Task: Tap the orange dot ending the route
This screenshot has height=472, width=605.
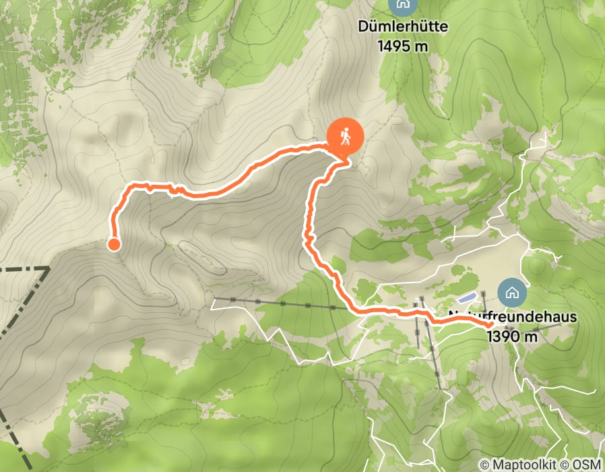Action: pos(114,244)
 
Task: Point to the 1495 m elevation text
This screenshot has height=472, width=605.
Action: pos(403,46)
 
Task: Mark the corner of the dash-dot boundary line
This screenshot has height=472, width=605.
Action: pos(49,268)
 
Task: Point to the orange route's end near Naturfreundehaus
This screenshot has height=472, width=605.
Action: pos(490,325)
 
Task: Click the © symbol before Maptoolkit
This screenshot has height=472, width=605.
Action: pos(484,465)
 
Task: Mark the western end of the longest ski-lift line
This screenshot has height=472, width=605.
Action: pos(215,298)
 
